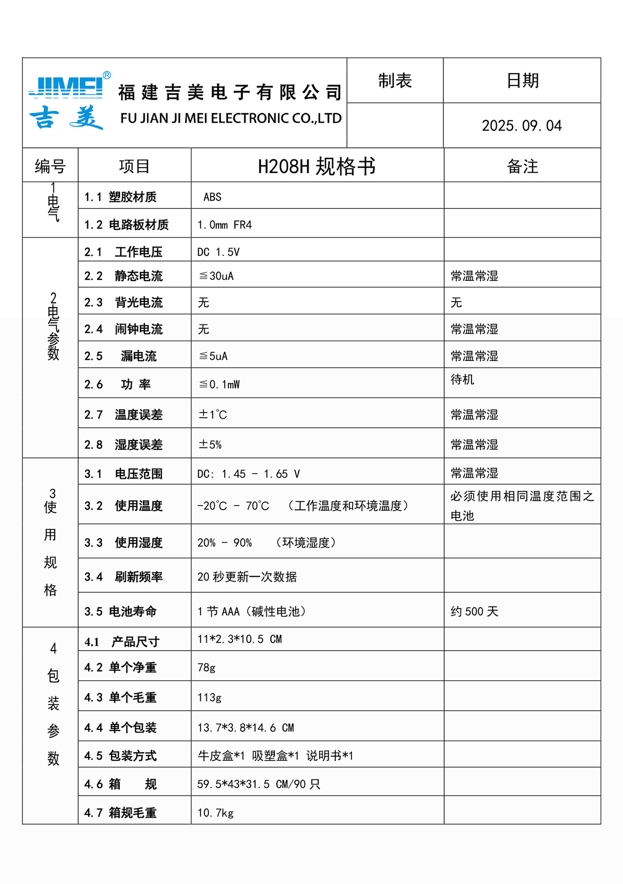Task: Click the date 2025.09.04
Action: point(522,126)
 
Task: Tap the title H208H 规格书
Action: point(317,166)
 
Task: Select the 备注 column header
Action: point(522,166)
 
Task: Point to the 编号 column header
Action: point(50,166)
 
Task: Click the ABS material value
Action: point(212,197)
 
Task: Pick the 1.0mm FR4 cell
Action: point(225,225)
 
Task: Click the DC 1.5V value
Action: point(218,252)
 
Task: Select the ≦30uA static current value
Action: point(216,276)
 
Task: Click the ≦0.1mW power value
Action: point(219,384)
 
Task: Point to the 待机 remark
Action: point(462,379)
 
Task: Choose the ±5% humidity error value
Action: point(210,444)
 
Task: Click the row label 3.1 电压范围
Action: point(123,474)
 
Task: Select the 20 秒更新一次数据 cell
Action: point(247,576)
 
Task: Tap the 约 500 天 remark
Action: point(474,611)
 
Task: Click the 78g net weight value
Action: point(206,667)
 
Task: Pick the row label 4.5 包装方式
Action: point(121,756)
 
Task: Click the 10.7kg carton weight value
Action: point(215,813)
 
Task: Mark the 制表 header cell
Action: point(395,81)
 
